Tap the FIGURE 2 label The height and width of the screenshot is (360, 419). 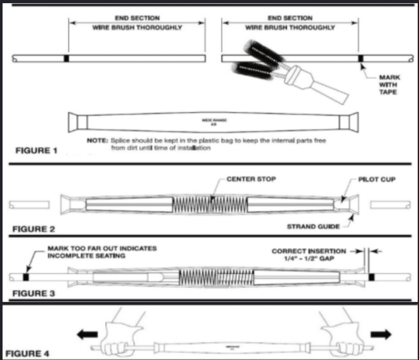[x=33, y=228]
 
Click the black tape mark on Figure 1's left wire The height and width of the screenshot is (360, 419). [x=66, y=59]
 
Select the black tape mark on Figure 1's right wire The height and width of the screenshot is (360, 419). [x=361, y=59]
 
